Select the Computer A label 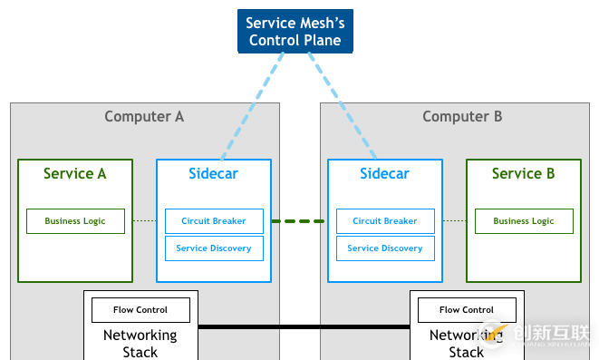coord(144,116)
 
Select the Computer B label coord(462,116)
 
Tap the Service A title coord(75,173)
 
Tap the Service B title coord(523,173)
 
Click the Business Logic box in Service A coord(75,221)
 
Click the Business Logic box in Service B coord(523,221)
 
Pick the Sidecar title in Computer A coord(213,173)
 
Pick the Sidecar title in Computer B coord(384,173)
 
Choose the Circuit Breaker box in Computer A coord(214,221)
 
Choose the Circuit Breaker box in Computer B coord(384,221)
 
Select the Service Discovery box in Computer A coord(214,248)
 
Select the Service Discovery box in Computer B coord(384,248)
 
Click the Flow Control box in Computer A coord(140,310)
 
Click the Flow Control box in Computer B coord(467,310)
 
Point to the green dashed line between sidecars coord(299,221)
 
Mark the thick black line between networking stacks coord(304,326)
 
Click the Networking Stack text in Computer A coord(140,343)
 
